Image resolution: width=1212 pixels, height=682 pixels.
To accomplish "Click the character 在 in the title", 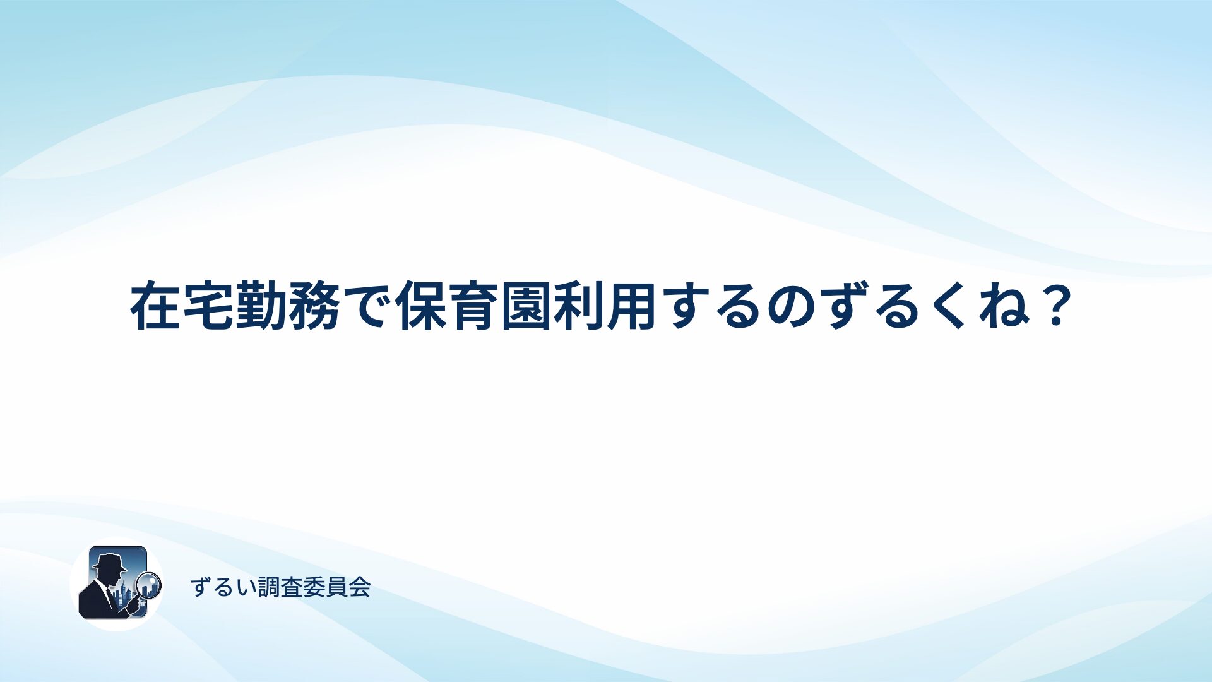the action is pyautogui.click(x=155, y=306).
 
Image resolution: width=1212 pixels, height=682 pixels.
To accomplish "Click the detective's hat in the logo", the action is pyautogui.click(x=109, y=563).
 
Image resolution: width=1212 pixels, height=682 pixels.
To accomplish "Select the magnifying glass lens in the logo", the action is pyautogui.click(x=150, y=585).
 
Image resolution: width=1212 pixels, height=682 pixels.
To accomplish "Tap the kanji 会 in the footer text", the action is pyautogui.click(x=360, y=587).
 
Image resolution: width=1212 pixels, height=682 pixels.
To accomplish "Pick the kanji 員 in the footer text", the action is pyautogui.click(x=337, y=587).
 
